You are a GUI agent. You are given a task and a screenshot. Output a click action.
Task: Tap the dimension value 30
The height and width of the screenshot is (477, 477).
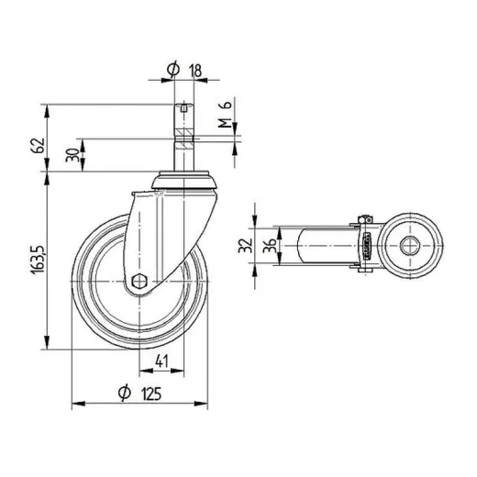(x=72, y=154)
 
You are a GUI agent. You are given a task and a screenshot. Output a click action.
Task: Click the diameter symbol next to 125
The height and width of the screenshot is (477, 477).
(x=123, y=394)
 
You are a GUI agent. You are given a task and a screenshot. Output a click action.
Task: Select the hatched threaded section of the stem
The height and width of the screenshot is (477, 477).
(x=184, y=139)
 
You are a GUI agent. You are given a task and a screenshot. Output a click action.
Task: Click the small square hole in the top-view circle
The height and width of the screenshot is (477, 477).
(x=410, y=245)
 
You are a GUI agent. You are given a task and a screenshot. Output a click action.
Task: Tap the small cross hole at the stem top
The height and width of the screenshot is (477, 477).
(x=184, y=109)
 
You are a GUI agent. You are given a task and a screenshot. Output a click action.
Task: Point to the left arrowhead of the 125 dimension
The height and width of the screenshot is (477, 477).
(x=74, y=405)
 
